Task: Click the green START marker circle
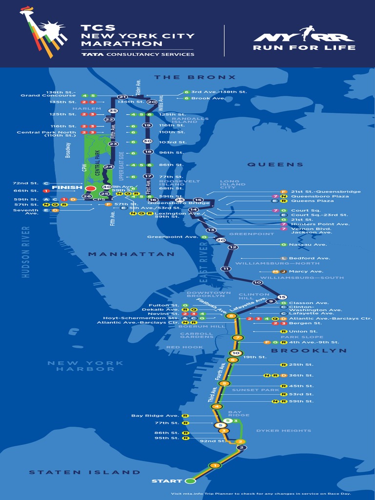click(190, 481)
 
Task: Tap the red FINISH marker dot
click(90, 188)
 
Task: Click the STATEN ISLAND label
click(84, 472)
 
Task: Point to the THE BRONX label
click(195, 77)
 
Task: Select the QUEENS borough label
click(275, 165)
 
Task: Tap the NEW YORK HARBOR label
click(85, 366)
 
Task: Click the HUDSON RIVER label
click(26, 252)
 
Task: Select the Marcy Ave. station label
click(306, 271)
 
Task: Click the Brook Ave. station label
click(208, 98)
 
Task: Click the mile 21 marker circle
click(122, 97)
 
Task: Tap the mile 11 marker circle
click(226, 269)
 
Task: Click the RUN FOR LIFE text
click(304, 48)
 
